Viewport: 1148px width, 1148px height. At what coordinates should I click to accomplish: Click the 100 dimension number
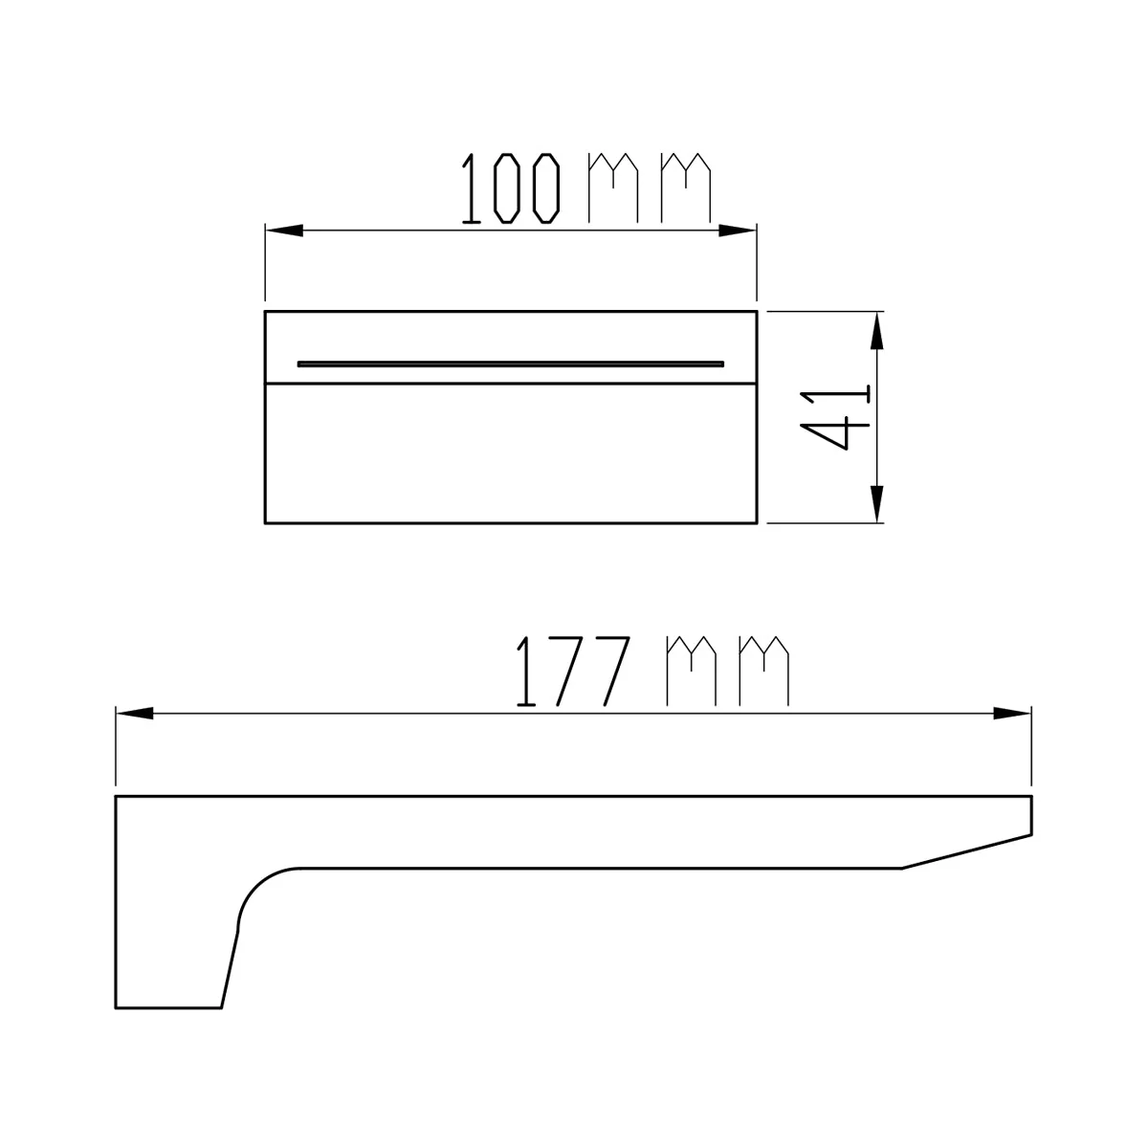pos(511,188)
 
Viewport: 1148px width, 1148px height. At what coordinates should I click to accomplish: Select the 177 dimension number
pos(572,672)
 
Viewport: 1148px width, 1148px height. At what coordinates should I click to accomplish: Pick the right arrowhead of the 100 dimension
pos(737,231)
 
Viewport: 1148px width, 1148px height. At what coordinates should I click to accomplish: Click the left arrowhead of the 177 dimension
pos(135,714)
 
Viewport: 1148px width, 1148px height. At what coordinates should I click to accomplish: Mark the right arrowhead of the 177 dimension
pos(1012,714)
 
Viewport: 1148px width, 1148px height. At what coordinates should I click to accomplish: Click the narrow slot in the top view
pos(511,364)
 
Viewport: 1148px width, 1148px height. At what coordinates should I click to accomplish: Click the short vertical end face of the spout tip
pos(1032,814)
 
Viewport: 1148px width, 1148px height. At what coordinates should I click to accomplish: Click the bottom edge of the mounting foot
pos(168,1007)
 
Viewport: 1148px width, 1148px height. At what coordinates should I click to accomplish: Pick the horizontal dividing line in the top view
pos(511,385)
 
